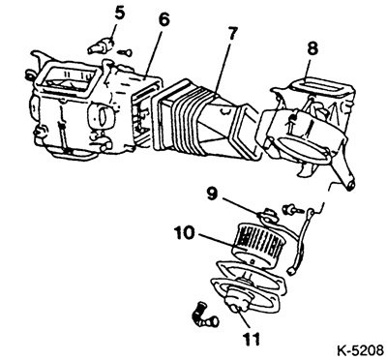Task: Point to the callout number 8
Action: tap(312, 49)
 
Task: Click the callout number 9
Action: tap(212, 194)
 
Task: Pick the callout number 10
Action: tap(185, 233)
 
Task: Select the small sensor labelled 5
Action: tap(101, 46)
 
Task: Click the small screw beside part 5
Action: tap(125, 51)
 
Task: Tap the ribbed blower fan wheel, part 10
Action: tap(256, 246)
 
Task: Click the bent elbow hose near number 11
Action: tap(204, 314)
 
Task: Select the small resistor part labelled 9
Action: tap(268, 216)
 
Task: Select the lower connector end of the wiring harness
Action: tap(294, 267)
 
